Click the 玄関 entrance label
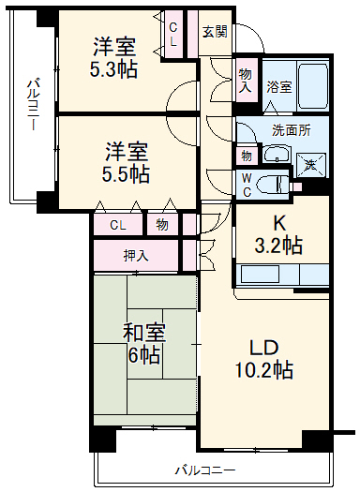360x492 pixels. (x=215, y=31)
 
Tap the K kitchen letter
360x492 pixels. (x=278, y=224)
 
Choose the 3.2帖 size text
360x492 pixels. (x=279, y=246)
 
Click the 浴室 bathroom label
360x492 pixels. (x=277, y=85)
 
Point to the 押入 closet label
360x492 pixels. (x=136, y=255)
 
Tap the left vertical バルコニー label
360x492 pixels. (x=32, y=103)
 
